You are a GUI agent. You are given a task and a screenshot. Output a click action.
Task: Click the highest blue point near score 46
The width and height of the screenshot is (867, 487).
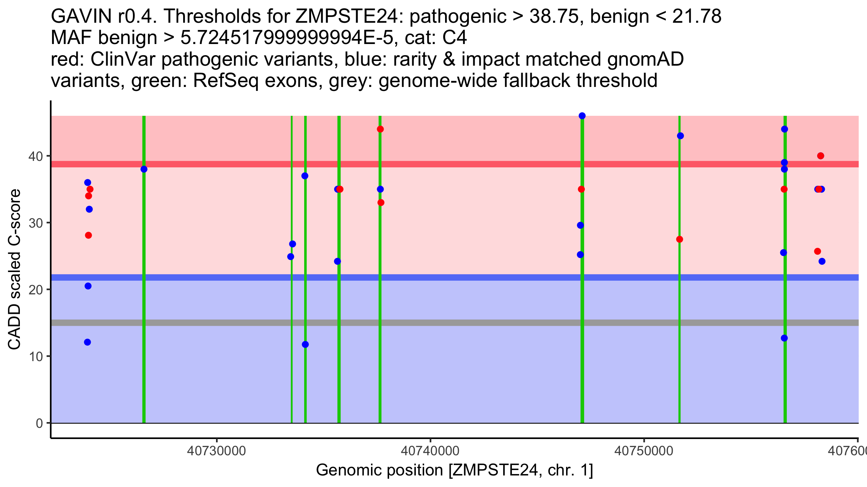point(582,116)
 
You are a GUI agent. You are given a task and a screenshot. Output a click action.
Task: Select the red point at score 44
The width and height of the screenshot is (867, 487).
point(380,129)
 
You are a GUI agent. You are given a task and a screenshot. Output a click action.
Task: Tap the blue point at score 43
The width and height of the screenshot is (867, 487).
point(680,136)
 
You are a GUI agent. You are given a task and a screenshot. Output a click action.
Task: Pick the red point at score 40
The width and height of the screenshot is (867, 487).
point(820,156)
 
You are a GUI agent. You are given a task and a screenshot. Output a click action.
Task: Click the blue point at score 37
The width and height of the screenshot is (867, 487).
point(305,176)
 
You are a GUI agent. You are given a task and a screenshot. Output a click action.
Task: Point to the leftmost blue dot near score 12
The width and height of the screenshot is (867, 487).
point(87,342)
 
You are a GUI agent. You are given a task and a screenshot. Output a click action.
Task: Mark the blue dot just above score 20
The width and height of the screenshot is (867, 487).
point(88,286)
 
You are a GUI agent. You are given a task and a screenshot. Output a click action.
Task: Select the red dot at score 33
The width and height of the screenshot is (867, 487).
point(381,203)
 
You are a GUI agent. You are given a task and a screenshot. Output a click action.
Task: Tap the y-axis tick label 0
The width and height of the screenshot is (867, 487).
point(39,423)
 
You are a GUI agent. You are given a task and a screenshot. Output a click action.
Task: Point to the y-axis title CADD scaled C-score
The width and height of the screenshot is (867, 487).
point(14,269)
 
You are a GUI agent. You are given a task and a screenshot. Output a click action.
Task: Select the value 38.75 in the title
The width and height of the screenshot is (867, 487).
point(553,17)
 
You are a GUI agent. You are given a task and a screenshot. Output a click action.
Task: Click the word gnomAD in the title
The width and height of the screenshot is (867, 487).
point(645,59)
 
